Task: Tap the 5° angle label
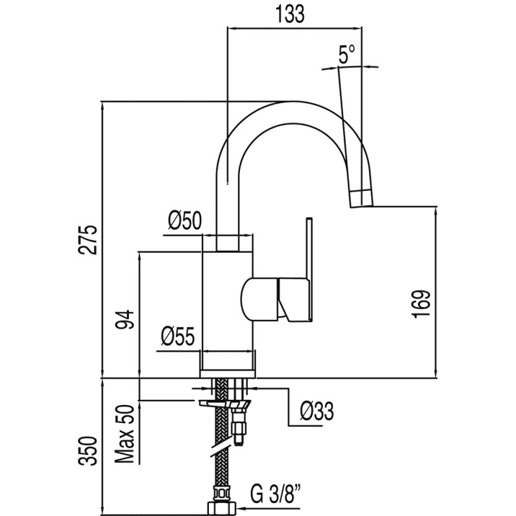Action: (x=347, y=55)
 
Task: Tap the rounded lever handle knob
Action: (x=260, y=299)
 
